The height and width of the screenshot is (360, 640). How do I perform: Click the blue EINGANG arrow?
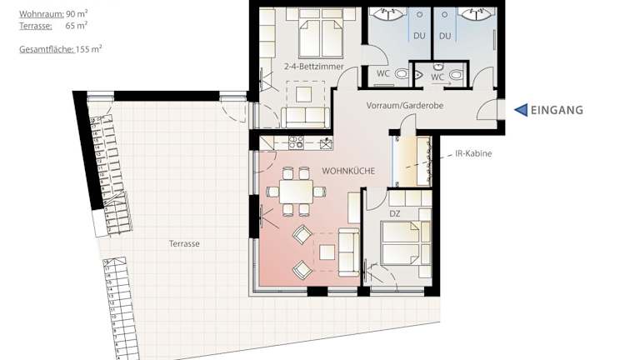[521, 110]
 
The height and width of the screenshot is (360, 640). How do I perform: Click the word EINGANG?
[557, 110]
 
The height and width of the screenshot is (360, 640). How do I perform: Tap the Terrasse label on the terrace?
[184, 243]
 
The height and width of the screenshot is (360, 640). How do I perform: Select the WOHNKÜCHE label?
[348, 171]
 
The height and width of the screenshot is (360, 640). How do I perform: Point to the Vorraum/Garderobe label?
[404, 105]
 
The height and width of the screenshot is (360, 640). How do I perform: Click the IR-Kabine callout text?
[473, 153]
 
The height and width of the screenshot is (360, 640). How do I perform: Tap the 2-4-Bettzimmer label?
[314, 66]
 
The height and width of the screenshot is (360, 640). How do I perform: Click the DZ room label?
[394, 213]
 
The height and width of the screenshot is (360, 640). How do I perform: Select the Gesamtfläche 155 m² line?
[60, 49]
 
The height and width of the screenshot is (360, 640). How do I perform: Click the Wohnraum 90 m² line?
[53, 14]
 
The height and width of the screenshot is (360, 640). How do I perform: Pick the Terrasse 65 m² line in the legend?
[53, 26]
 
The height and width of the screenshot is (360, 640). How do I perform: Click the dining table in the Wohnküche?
[297, 192]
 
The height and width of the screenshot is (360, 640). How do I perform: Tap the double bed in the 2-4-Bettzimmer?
[321, 33]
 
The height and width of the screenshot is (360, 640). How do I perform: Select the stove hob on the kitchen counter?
[296, 142]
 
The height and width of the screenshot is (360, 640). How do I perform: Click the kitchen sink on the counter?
[326, 143]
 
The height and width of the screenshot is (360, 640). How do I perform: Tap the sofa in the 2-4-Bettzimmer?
[305, 117]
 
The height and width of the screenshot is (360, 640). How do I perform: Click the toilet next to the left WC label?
[402, 74]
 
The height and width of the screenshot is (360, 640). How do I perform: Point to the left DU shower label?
[419, 36]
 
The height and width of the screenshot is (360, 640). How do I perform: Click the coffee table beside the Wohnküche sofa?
[327, 252]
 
